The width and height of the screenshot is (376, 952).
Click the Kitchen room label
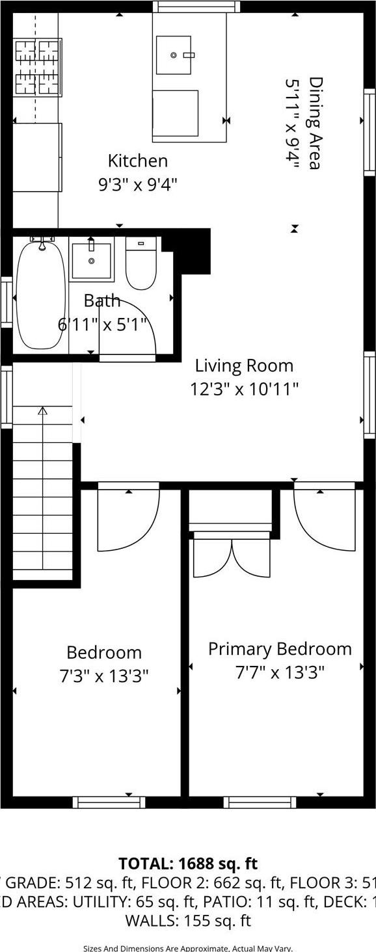pyautogui.click(x=137, y=161)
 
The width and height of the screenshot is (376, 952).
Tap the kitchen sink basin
pyautogui.click(x=174, y=55)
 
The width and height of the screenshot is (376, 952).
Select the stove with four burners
pyautogui.click(x=37, y=68)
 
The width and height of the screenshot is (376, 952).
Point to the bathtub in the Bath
pyautogui.click(x=40, y=294)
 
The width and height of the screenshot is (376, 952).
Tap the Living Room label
pyautogui.click(x=244, y=365)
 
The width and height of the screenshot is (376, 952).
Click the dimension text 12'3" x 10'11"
pyautogui.click(x=244, y=389)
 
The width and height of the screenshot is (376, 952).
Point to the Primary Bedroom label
pyautogui.click(x=280, y=649)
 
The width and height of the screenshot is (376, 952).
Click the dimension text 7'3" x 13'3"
pyautogui.click(x=104, y=676)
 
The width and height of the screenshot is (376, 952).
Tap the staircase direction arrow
pyautogui.click(x=43, y=411)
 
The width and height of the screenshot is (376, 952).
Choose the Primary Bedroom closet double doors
pyautogui.click(x=232, y=556)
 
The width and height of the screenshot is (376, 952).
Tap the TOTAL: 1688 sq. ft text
pyautogui.click(x=188, y=864)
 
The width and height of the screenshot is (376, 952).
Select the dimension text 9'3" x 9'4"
pyautogui.click(x=137, y=185)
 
